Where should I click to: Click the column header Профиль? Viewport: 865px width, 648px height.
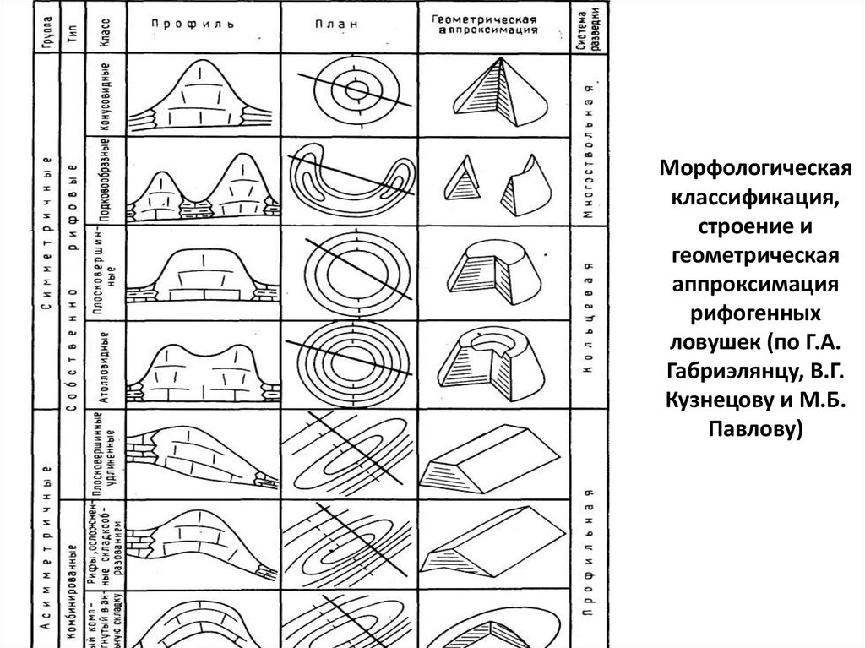tap(194, 25)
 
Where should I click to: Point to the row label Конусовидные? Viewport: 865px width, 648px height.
tap(101, 95)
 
